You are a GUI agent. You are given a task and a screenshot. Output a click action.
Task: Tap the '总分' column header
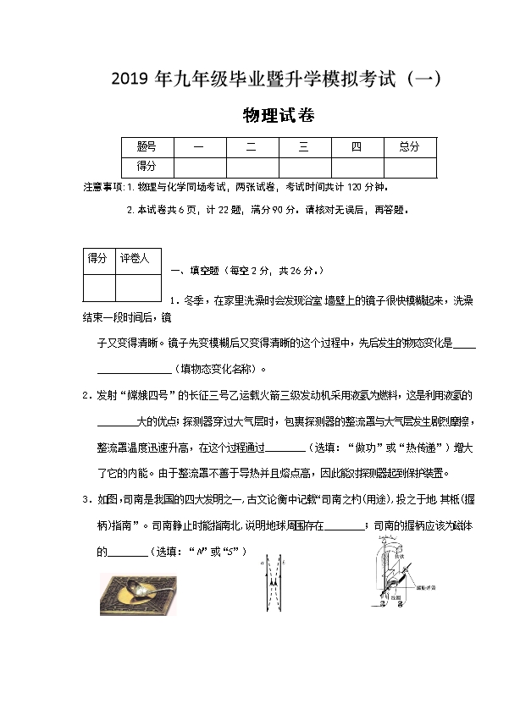click(409, 146)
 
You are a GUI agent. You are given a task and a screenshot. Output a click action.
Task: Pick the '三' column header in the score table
click(303, 146)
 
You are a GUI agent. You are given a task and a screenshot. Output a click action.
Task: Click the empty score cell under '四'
click(357, 167)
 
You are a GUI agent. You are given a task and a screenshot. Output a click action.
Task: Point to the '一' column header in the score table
click(198, 146)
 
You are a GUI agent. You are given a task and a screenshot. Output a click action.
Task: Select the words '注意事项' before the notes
click(102, 186)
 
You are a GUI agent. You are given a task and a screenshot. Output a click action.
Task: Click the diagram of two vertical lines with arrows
click(272, 585)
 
